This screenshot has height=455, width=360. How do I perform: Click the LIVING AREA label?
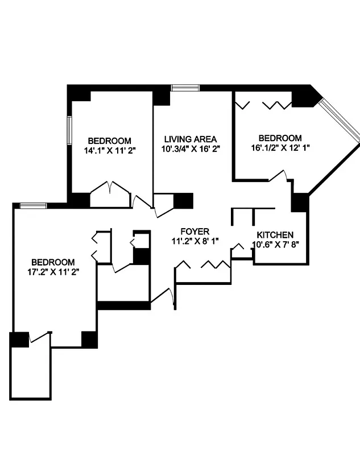[191, 139]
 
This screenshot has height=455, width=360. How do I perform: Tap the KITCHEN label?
[275, 235]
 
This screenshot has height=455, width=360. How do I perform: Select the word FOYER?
[195, 231]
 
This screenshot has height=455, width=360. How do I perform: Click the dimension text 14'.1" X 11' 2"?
[109, 151]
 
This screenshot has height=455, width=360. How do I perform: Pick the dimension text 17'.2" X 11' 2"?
[53, 272]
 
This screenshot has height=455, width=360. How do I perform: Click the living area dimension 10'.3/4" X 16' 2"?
[191, 148]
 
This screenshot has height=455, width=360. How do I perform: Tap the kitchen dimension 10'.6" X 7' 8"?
[275, 245]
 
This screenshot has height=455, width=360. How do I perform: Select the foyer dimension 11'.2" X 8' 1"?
[195, 241]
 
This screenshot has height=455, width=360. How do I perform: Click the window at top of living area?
[185, 88]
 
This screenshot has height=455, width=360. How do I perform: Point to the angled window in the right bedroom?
[340, 119]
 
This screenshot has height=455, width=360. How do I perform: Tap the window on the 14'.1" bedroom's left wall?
[69, 130]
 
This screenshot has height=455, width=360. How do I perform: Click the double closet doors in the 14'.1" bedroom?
[110, 191]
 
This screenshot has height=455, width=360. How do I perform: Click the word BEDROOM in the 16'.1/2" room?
[280, 138]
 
